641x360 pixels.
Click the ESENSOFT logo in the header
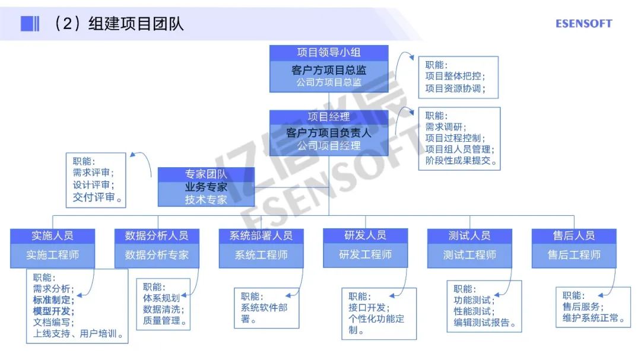583,24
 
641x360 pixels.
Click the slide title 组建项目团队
136,23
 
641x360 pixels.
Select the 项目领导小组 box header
329,52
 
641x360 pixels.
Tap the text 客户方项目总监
329,70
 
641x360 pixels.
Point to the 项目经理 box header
329,117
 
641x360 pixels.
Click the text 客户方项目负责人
329,133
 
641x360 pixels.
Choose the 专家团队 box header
206,174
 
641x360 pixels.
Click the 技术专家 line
206,200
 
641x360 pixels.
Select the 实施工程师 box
53,255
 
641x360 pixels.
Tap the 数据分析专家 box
157,255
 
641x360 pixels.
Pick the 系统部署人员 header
261,235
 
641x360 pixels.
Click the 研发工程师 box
366,255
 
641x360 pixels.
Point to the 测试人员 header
469,235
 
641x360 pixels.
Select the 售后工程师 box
574,255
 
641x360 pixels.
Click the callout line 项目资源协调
455,89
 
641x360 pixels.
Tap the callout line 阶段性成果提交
461,161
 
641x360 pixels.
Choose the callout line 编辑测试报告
484,323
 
